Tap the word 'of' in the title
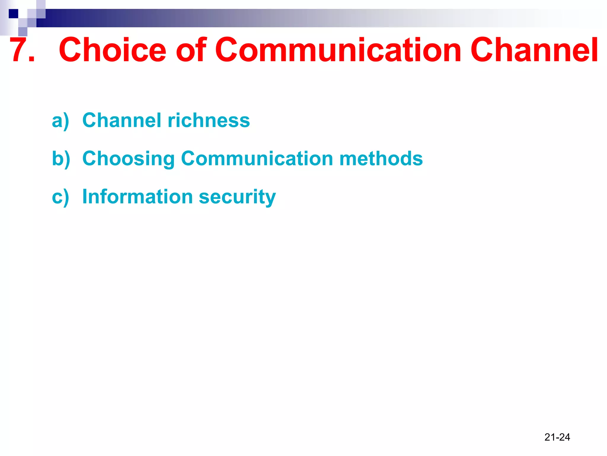(x=191, y=50)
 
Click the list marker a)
(x=60, y=121)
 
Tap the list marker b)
(x=61, y=159)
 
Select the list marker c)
(x=60, y=197)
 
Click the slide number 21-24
(x=557, y=437)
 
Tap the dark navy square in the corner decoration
(x=13, y=14)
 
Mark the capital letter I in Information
(x=85, y=196)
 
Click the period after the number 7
(x=32, y=59)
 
